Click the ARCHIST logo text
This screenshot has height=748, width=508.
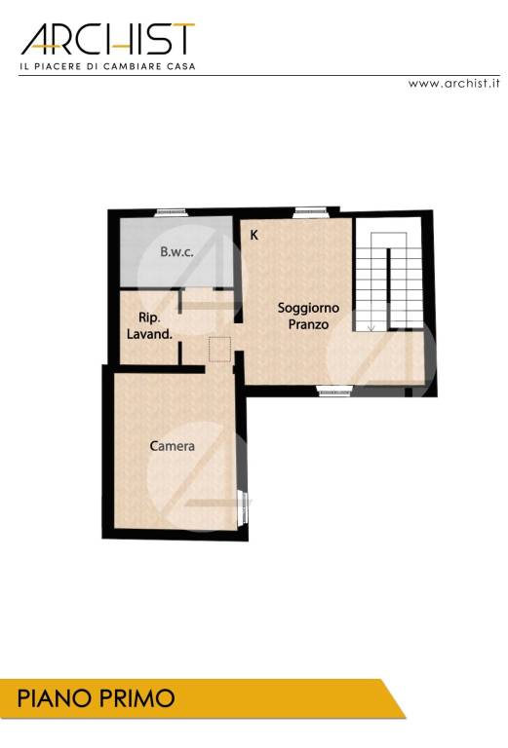[108, 39]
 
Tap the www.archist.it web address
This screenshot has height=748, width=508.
[453, 83]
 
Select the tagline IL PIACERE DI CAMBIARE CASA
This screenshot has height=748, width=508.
[107, 66]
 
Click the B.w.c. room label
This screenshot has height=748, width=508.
[176, 252]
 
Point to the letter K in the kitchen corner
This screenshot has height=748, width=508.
[254, 235]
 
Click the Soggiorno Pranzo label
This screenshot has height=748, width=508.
[308, 317]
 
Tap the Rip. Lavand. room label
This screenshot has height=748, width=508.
[149, 326]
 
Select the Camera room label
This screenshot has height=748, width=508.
[172, 446]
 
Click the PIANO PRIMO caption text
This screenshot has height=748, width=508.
[96, 698]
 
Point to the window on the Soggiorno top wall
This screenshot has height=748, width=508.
[310, 211]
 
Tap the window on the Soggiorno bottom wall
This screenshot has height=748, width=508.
[335, 392]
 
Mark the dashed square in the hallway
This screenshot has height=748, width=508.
[219, 349]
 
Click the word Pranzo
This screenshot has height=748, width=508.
[308, 324]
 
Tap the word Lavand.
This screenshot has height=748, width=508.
[149, 334]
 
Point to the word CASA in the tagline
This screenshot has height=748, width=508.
[181, 66]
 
